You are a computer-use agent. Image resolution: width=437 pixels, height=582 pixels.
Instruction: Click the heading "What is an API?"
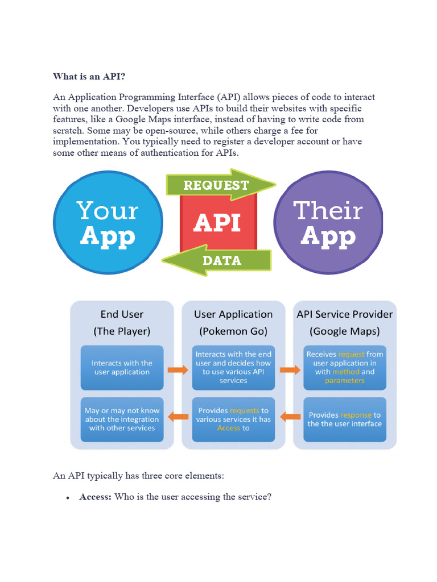(89, 76)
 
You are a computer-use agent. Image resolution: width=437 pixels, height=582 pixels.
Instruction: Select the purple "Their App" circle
(328, 222)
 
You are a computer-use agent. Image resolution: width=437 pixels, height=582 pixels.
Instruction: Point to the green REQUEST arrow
(219, 185)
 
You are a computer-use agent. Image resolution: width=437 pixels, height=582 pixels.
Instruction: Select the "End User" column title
(122, 314)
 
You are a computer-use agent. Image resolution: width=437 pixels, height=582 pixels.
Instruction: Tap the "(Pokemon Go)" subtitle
(233, 331)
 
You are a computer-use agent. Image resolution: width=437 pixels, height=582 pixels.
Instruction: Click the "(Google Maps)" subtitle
(345, 331)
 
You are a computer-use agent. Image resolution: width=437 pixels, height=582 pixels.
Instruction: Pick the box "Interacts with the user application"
(122, 367)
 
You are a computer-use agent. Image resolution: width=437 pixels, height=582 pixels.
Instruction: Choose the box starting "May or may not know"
(122, 419)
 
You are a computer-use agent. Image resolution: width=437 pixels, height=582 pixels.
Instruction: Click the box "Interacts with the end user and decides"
(233, 367)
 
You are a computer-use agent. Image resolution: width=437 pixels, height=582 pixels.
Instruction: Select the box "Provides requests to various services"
(233, 419)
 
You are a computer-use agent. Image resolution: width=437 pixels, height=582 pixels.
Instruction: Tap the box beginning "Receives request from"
(345, 367)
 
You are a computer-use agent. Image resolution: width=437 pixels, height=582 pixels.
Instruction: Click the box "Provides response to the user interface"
(345, 419)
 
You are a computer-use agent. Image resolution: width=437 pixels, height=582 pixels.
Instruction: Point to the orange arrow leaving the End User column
(178, 370)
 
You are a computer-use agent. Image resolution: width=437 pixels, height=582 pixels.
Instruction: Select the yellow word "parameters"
(345, 381)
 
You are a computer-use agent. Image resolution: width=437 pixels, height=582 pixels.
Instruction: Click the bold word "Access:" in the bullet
(95, 497)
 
